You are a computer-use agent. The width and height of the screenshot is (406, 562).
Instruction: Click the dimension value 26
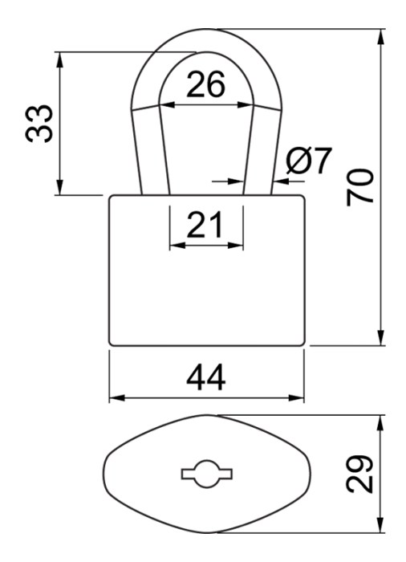click(x=205, y=84)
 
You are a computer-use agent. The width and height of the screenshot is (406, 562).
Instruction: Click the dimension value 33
click(x=39, y=124)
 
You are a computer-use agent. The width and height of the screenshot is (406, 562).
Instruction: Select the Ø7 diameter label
click(x=309, y=161)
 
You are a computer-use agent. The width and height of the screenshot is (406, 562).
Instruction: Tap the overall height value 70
click(x=360, y=187)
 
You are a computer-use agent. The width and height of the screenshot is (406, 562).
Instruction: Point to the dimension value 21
click(x=205, y=225)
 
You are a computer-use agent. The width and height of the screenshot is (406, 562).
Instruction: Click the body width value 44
click(x=206, y=377)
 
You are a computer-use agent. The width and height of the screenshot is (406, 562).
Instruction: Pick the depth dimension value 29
click(x=360, y=474)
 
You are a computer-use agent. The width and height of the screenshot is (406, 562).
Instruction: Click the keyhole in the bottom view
click(x=207, y=474)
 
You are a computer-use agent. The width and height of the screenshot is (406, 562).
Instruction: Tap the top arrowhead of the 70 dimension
click(x=381, y=37)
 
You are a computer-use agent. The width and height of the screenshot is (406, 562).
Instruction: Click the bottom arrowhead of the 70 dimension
click(x=381, y=337)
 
